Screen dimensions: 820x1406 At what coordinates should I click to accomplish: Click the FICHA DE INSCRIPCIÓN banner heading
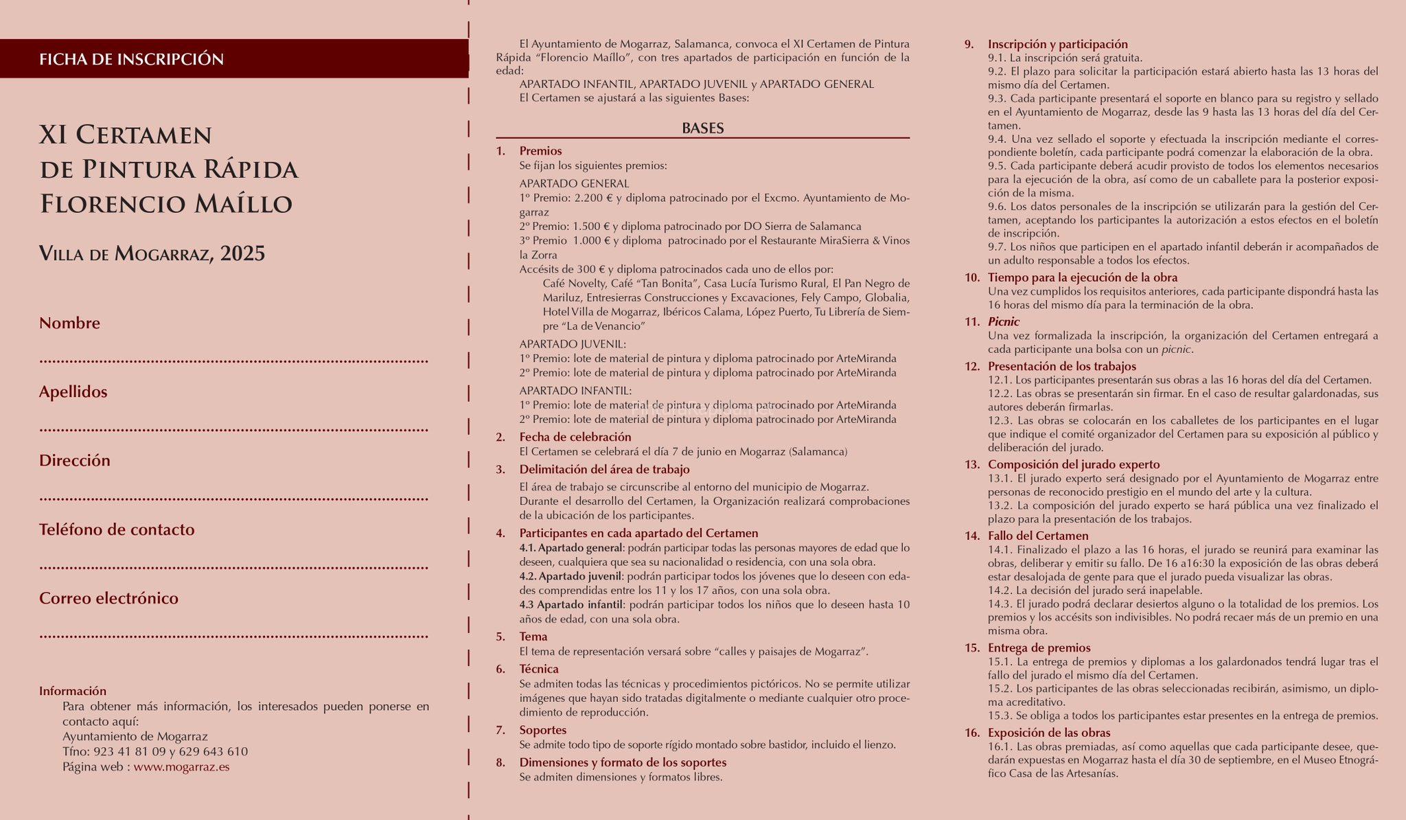click(132, 59)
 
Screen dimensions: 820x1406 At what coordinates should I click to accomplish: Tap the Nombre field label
click(69, 323)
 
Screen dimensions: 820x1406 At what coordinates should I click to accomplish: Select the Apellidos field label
click(73, 391)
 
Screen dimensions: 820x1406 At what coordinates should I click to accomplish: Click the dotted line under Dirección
click(233, 499)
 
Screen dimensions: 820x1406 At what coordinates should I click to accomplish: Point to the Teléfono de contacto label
click(117, 529)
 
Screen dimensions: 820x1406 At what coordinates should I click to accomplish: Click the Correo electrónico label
click(108, 598)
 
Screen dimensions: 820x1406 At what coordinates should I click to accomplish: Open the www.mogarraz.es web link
click(181, 766)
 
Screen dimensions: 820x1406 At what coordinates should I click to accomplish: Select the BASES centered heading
click(702, 128)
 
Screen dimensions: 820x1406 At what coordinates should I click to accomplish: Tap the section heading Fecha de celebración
click(575, 437)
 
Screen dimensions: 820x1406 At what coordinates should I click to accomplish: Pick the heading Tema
click(533, 637)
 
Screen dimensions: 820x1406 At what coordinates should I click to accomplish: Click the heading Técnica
click(538, 669)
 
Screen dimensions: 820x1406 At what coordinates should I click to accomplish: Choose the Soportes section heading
click(542, 730)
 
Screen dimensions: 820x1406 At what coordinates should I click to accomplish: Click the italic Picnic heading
click(1003, 321)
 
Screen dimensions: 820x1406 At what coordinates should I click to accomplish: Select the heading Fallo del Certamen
click(1038, 536)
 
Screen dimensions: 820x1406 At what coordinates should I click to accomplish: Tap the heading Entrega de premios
click(1039, 648)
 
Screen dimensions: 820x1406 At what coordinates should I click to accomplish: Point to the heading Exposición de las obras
click(1048, 733)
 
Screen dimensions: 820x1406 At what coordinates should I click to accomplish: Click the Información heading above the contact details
click(73, 691)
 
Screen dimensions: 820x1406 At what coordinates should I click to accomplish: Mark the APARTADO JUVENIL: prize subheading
click(573, 343)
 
